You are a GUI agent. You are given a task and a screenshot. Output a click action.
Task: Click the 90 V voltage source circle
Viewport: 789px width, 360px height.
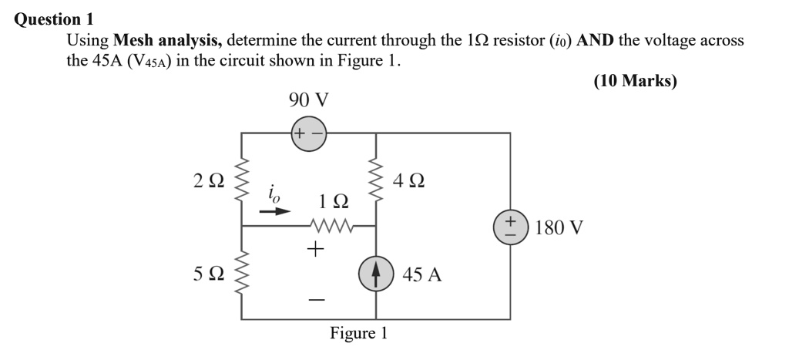tap(308, 133)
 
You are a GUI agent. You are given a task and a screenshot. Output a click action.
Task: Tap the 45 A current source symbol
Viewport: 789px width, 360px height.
tap(376, 274)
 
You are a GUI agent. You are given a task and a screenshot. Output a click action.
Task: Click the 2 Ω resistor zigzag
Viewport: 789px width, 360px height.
tap(243, 182)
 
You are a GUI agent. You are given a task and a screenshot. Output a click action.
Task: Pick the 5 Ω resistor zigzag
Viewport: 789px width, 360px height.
tap(243, 274)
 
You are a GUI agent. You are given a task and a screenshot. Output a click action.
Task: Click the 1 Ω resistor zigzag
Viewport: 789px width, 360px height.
tap(332, 227)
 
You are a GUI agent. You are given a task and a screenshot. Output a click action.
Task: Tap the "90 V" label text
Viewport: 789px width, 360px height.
tap(308, 99)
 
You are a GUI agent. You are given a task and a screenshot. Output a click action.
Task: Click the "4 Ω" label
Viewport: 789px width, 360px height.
tap(408, 182)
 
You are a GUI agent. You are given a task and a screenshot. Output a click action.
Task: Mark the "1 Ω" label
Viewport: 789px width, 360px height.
tap(333, 202)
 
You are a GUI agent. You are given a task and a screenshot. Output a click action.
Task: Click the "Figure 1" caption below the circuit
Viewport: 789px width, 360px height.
tap(358, 334)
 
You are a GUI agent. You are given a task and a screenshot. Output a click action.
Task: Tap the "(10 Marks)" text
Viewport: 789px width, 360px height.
tap(635, 81)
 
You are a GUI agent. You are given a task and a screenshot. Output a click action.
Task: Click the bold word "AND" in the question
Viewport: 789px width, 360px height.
tap(596, 40)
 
